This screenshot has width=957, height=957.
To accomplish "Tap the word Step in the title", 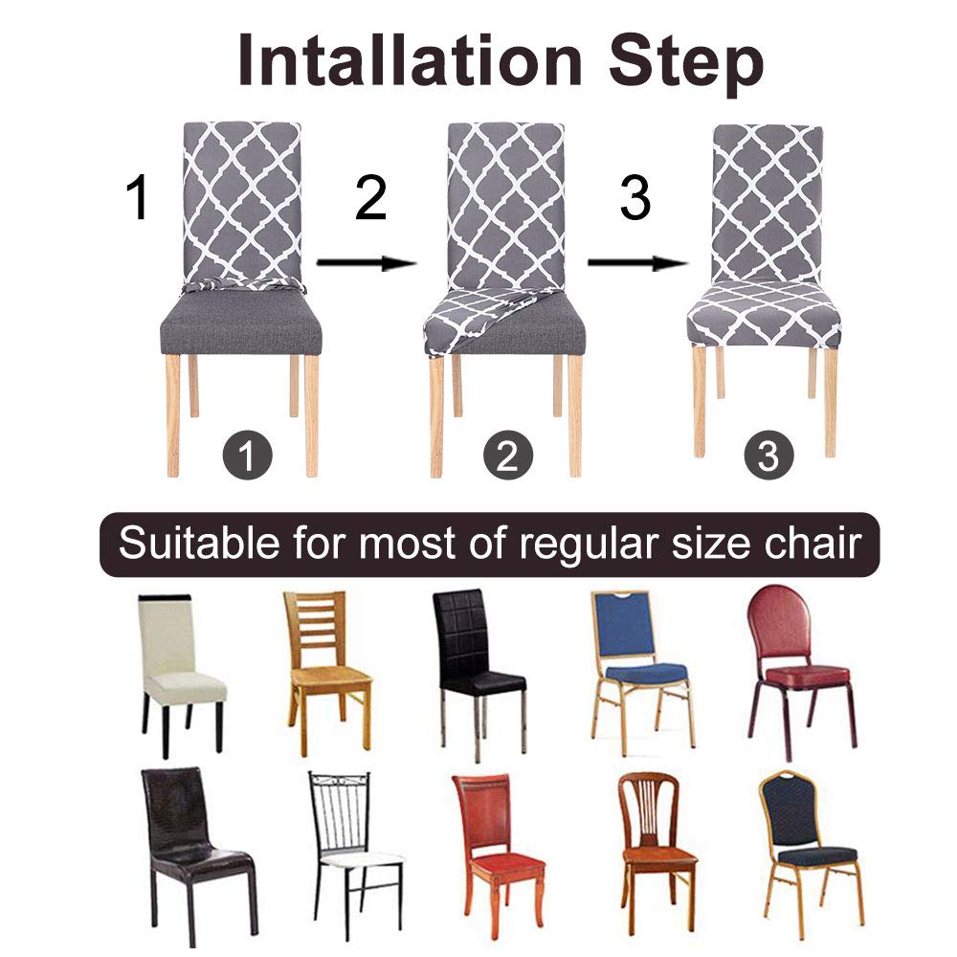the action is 686,64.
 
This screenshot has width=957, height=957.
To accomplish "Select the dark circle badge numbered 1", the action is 247,455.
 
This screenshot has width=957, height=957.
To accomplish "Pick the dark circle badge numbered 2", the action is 508,455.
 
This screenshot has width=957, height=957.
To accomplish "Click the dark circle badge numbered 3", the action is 769,456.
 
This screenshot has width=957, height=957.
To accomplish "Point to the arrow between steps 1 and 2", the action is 367,263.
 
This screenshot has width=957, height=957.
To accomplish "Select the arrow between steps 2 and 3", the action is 637,263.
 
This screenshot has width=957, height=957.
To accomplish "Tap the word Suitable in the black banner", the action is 199,542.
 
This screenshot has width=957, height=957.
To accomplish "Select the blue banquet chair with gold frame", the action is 641,673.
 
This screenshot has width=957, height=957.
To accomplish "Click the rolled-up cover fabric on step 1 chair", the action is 243,284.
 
